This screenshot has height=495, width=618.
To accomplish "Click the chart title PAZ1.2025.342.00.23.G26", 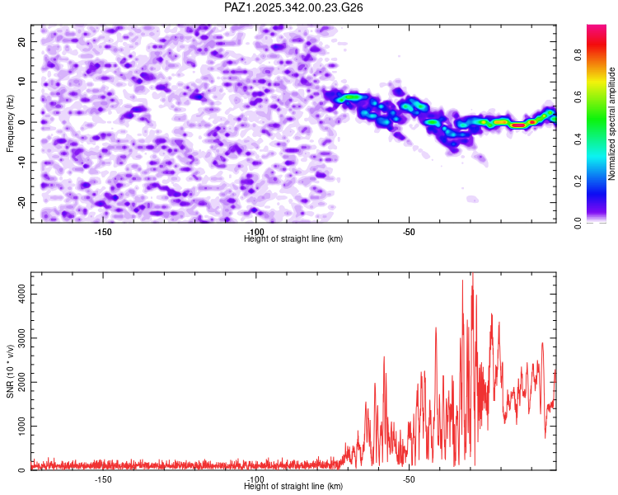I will click(x=294, y=7).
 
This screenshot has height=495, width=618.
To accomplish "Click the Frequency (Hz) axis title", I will click(x=10, y=124).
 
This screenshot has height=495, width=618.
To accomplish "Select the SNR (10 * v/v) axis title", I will click(x=10, y=371).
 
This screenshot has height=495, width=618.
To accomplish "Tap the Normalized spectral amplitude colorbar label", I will click(x=612, y=124).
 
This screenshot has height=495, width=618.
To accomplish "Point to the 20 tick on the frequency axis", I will click(x=22, y=41).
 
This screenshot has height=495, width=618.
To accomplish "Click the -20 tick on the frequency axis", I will click(x=21, y=202).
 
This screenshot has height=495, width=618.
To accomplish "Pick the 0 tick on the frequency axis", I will click(x=25, y=122).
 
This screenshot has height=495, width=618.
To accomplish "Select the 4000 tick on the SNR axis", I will click(x=16, y=294).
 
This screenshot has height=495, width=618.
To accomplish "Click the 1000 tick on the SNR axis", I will click(x=16, y=427).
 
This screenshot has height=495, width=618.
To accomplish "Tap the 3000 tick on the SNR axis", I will click(x=16, y=338).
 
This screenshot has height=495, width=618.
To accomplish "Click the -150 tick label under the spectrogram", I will click(x=103, y=232).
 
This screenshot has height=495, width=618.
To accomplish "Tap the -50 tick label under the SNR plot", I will click(x=409, y=479).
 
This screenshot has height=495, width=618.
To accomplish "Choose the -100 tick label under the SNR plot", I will click(x=255, y=479).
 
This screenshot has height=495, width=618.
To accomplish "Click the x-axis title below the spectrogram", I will click(x=293, y=239).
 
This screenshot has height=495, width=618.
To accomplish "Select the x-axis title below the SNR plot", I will click(x=293, y=487).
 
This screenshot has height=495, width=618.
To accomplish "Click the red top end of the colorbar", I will click(x=597, y=29).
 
